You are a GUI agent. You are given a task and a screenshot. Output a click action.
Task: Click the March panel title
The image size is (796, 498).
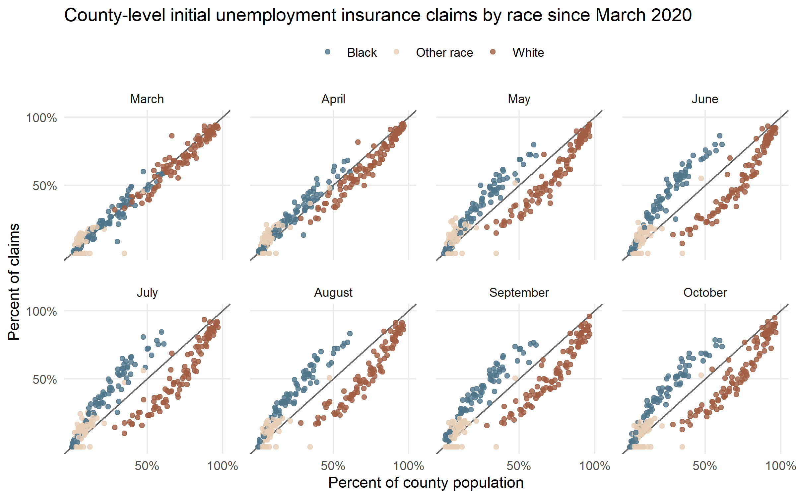(x=147, y=99)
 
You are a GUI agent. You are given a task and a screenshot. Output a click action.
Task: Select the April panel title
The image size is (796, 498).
(x=333, y=99)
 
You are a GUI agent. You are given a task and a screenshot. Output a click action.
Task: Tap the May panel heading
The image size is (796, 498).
(x=519, y=99)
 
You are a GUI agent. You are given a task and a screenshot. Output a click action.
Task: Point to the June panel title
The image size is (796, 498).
(x=705, y=99)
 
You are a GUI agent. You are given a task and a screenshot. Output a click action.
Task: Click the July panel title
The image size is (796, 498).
(x=147, y=292)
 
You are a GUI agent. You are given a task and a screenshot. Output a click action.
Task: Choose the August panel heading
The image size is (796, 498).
(x=333, y=292)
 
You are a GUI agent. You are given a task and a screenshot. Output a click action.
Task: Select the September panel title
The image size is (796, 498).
(x=519, y=292)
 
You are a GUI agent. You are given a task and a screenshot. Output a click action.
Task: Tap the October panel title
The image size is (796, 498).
(x=705, y=292)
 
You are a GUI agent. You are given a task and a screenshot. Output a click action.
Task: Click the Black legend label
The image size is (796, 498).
(x=362, y=52)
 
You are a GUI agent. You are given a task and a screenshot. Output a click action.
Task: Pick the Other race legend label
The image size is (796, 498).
(x=444, y=52)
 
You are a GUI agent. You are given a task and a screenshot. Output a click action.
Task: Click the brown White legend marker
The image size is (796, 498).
(x=493, y=52)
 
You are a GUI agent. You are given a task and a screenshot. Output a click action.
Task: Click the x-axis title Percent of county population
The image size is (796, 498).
(x=426, y=482)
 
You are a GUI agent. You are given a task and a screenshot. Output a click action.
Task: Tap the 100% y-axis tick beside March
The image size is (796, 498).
(x=41, y=118)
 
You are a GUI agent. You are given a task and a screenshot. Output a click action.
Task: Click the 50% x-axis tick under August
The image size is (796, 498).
(x=333, y=466)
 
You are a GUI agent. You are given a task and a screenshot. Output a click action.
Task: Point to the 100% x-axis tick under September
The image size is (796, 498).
(x=595, y=466)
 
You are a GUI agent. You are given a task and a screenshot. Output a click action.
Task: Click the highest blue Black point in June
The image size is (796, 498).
(x=719, y=136)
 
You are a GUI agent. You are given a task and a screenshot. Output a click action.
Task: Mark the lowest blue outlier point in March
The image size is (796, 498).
(x=117, y=241)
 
